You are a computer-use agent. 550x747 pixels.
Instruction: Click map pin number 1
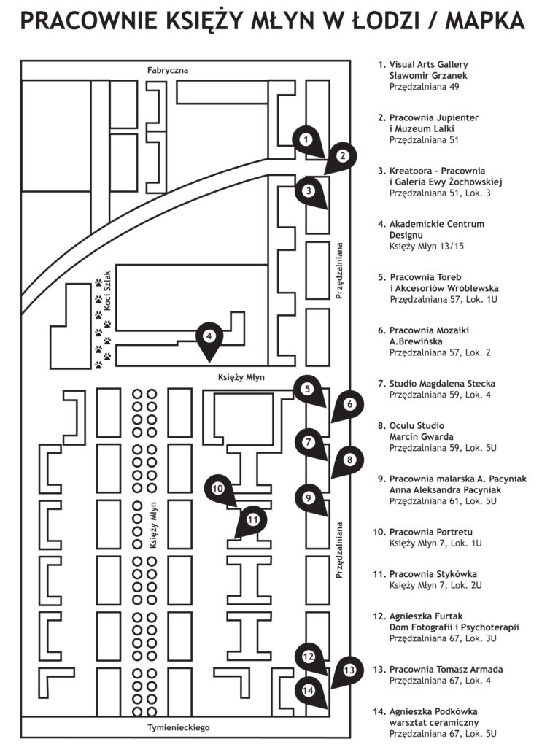pyautogui.click(x=307, y=139)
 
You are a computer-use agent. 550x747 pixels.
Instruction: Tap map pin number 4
pyautogui.click(x=209, y=337)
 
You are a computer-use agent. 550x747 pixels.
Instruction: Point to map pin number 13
pyautogui.click(x=350, y=669)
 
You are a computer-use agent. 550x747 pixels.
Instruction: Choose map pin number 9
pyautogui.click(x=308, y=499)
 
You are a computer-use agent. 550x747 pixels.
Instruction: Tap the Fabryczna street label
pyautogui.click(x=168, y=70)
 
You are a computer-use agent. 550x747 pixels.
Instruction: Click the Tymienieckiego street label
pyautogui.click(x=179, y=727)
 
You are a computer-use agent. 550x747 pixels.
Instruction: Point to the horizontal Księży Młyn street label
pyautogui.click(x=241, y=378)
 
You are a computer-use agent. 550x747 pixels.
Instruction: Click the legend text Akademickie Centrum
pyautogui.click(x=436, y=224)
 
